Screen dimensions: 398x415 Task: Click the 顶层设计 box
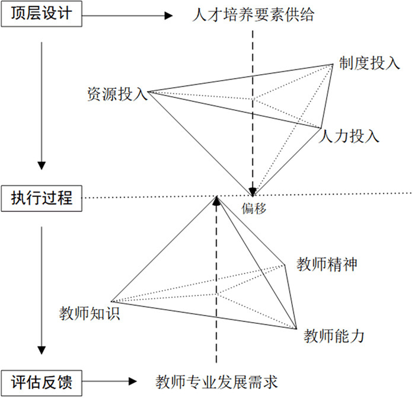[x=41, y=14]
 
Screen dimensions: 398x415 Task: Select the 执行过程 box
[x=41, y=198]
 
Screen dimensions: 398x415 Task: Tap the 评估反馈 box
[x=41, y=380]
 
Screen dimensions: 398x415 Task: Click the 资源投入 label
[x=116, y=93]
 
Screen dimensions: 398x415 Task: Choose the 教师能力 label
[x=334, y=337]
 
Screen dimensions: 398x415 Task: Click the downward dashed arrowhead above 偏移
[x=253, y=190]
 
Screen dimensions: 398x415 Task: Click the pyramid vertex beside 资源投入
[x=148, y=93]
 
